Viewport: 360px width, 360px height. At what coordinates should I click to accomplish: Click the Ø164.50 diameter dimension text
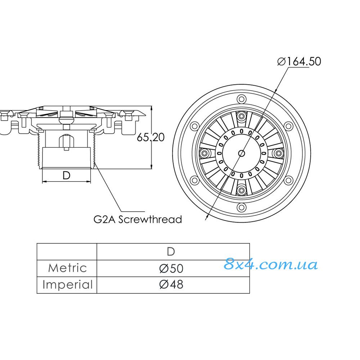(x=299, y=61)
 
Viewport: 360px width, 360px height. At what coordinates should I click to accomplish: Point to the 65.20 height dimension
(x=150, y=137)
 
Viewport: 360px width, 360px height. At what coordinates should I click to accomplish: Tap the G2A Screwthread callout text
(x=138, y=220)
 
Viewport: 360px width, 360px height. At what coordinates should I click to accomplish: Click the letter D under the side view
(x=66, y=176)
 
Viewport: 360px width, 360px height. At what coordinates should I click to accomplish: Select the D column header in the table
(x=171, y=252)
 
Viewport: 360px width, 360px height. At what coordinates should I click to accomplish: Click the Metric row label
(x=68, y=268)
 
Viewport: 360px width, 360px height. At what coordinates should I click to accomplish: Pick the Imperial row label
(x=68, y=285)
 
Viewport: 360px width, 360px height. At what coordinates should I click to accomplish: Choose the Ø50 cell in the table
(x=171, y=268)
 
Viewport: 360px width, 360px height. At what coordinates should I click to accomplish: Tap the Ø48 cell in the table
(x=171, y=285)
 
